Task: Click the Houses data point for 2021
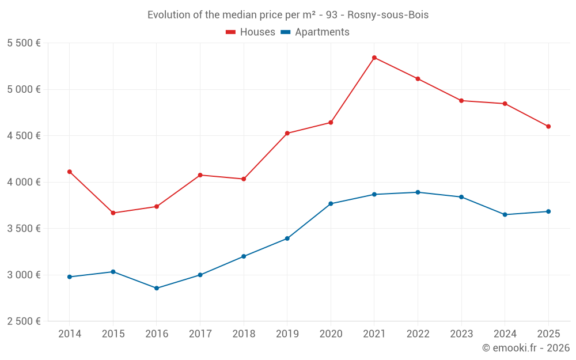[374, 58]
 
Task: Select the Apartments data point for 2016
[157, 288]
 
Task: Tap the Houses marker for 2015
[113, 213]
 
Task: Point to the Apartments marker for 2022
[418, 192]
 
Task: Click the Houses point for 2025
[548, 127]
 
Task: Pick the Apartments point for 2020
[331, 204]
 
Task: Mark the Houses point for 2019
[287, 134]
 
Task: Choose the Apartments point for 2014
[70, 277]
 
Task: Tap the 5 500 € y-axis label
[24, 43]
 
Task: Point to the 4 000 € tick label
[24, 182]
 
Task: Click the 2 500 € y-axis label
[24, 321]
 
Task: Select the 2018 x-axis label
[244, 334]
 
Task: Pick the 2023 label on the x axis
[461, 334]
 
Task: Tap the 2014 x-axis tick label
[70, 334]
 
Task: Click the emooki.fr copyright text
[525, 348]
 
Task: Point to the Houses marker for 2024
[505, 104]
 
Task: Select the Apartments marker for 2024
[505, 215]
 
